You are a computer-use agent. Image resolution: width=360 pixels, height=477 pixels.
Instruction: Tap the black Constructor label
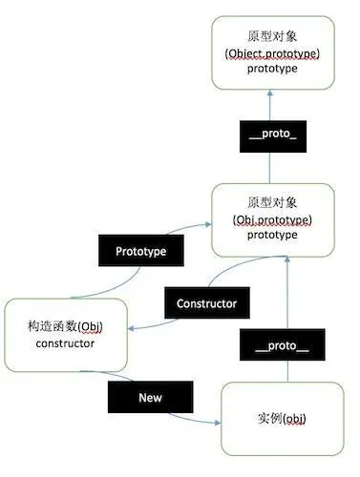click(x=207, y=304)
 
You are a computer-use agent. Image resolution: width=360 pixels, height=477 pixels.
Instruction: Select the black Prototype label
click(x=141, y=252)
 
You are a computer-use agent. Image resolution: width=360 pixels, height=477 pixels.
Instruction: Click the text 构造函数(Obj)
click(x=67, y=327)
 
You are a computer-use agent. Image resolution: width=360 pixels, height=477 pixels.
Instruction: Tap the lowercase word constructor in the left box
click(x=67, y=343)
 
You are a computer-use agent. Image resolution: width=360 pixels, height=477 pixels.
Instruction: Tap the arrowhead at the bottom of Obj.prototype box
click(x=285, y=259)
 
